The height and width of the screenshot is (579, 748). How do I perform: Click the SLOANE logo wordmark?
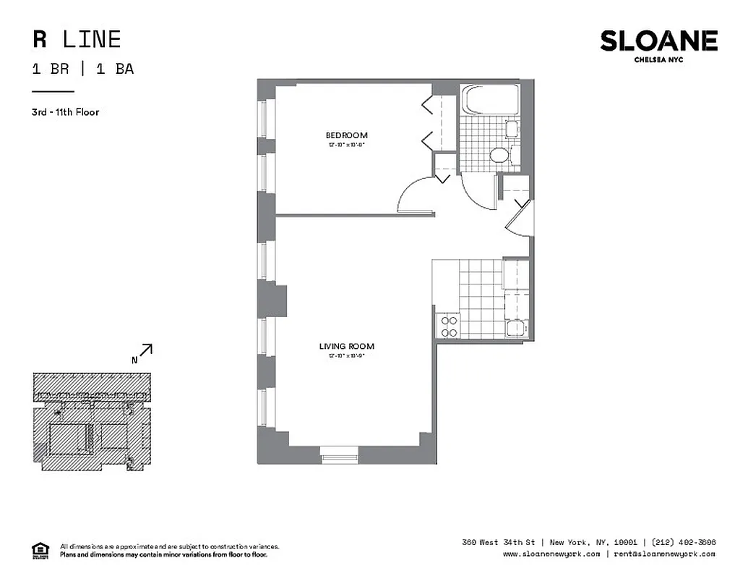click(x=658, y=41)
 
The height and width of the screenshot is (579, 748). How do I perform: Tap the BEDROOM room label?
click(x=346, y=135)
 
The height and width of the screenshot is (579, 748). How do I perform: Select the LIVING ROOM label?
click(x=346, y=347)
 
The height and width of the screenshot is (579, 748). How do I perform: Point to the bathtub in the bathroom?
click(x=488, y=100)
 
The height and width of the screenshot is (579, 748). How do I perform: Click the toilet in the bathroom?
click(x=499, y=154)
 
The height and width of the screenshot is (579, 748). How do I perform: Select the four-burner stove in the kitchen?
click(x=448, y=326)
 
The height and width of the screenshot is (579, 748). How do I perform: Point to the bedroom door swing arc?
click(x=415, y=195)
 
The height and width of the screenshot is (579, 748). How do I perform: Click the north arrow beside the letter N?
click(x=145, y=350)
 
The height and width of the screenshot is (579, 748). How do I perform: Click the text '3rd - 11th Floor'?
click(x=66, y=112)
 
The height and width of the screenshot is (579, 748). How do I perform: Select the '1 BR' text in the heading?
click(x=50, y=69)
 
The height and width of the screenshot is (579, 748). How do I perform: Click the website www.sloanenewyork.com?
click(x=551, y=554)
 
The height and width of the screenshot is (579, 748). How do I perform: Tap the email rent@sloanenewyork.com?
click(x=665, y=554)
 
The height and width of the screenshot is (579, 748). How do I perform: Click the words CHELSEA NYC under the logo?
click(x=658, y=60)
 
